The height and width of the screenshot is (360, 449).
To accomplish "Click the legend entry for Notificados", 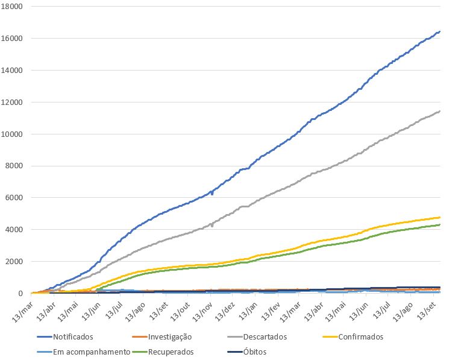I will pyautogui.click(x=73, y=337).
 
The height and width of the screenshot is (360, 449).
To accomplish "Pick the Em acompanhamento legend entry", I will pyautogui.click(x=91, y=352).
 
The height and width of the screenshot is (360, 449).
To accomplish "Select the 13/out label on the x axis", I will pyautogui.click(x=180, y=311).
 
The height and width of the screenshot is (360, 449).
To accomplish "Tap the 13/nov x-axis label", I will pyautogui.click(x=203, y=311).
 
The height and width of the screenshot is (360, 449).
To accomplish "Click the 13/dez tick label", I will pyautogui.click(x=227, y=311).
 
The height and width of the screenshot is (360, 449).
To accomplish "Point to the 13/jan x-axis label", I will pyautogui.click(x=250, y=311).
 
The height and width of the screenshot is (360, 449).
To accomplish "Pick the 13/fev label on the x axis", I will pyautogui.click(x=272, y=311).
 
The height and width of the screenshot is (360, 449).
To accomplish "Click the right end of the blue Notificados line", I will pyautogui.click(x=439, y=31).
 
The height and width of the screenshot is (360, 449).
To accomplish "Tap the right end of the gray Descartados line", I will pyautogui.click(x=439, y=111).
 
